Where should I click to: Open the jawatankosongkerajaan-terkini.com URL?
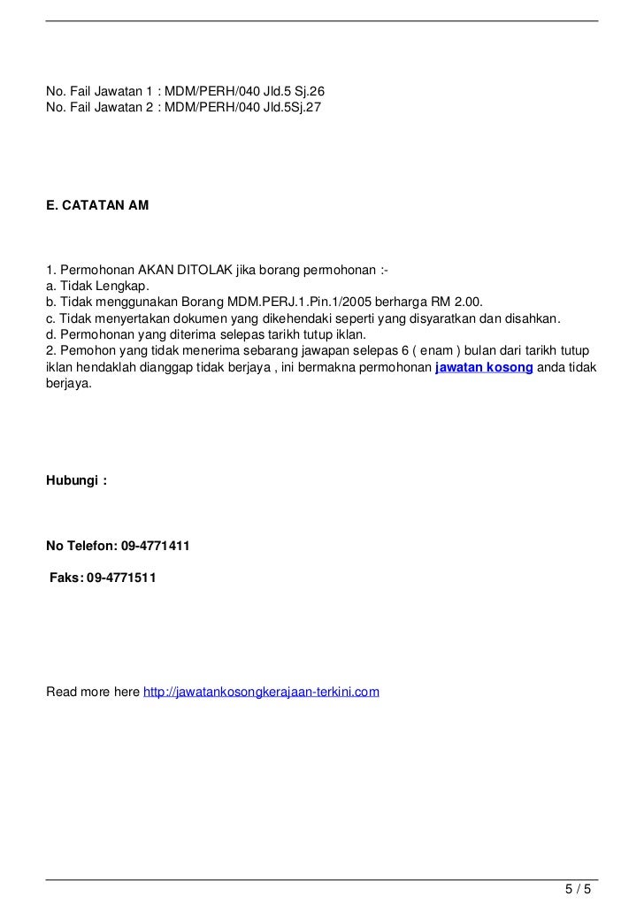(261, 691)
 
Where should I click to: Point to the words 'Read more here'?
(92, 691)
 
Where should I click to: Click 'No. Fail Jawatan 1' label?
(97, 91)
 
